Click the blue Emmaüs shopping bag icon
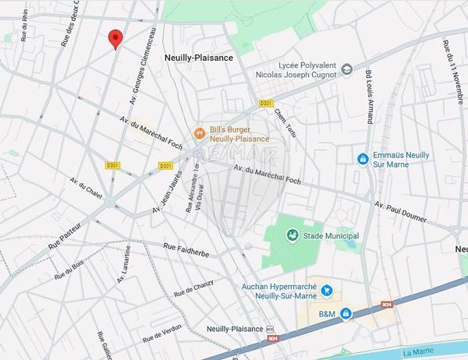click(x=362, y=159)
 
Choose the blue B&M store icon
click(x=346, y=313)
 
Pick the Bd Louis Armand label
click(x=369, y=97)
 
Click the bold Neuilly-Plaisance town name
click(x=199, y=58)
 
